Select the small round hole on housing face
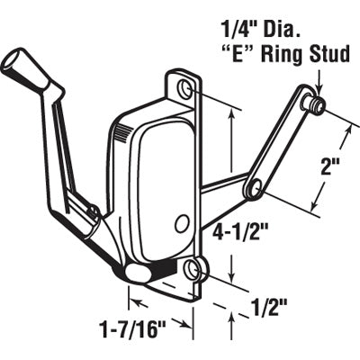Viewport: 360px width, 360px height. coord(183,222)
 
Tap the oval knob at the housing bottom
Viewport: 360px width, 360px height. coord(137,271)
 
